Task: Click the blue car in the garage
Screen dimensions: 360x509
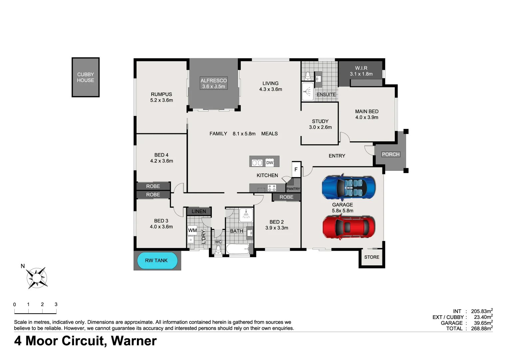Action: pyautogui.click(x=348, y=187)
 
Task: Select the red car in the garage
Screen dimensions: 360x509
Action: pyautogui.click(x=348, y=227)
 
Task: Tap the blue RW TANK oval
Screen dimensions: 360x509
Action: pyautogui.click(x=157, y=260)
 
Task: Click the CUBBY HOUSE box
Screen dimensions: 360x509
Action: pyautogui.click(x=86, y=77)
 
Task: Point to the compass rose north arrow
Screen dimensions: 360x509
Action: pyautogui.click(x=37, y=277)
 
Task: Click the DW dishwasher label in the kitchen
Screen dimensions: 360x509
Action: pyautogui.click(x=269, y=163)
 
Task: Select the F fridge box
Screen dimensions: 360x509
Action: pyautogui.click(x=296, y=169)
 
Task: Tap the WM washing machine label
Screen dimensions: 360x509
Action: pyautogui.click(x=192, y=230)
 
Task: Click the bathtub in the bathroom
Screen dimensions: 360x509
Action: pyautogui.click(x=238, y=249)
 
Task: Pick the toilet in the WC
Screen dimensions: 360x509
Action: pyautogui.click(x=218, y=249)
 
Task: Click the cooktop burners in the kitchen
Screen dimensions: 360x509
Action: pyautogui.click(x=272, y=188)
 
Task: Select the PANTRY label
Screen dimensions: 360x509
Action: pyautogui.click(x=293, y=189)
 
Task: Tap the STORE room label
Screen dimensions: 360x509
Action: pyautogui.click(x=371, y=257)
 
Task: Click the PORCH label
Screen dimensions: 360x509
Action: pyautogui.click(x=390, y=154)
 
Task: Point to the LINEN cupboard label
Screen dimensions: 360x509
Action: pyautogui.click(x=199, y=211)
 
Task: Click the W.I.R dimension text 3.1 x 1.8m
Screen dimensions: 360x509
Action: pyautogui.click(x=361, y=74)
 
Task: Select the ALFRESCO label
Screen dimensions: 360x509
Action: pyautogui.click(x=214, y=80)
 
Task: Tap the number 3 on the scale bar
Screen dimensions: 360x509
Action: pyautogui.click(x=56, y=304)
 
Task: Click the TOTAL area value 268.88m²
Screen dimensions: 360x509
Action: pyautogui.click(x=482, y=329)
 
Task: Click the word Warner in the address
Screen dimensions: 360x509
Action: pyautogui.click(x=134, y=341)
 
